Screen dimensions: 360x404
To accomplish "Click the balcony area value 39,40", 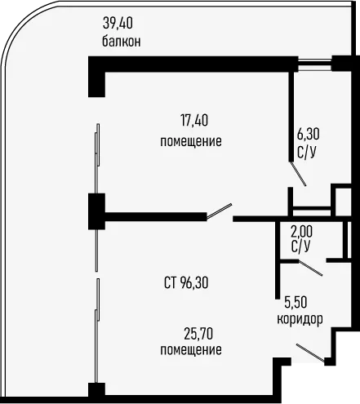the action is (118, 23).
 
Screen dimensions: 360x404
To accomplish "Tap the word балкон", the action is (122, 42).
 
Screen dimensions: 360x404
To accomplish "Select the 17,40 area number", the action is (194, 121).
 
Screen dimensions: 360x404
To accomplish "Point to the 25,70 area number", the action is (198, 334).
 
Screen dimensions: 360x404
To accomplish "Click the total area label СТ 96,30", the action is (186, 283).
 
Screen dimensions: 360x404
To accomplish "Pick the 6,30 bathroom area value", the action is (308, 134).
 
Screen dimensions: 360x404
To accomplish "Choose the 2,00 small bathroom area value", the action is (301, 232).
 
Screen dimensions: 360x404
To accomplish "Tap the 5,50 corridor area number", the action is (296, 302).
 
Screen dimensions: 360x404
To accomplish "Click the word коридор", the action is (300, 318).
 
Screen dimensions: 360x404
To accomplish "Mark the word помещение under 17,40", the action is (191, 141).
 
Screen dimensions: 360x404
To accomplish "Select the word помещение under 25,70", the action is (191, 349).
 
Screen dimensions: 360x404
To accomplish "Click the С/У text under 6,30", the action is (307, 152).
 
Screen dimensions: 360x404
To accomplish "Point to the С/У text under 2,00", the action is (300, 246).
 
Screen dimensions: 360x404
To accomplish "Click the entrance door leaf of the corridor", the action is (310, 353).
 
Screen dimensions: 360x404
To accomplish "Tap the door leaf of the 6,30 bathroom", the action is (298, 174).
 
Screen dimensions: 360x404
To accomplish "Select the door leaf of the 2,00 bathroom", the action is (310, 268).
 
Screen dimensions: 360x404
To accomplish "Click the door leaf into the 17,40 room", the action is (219, 211).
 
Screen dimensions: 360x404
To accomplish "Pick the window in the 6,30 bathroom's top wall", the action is (315, 64).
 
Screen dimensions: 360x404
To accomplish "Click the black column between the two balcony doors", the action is (96, 211).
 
